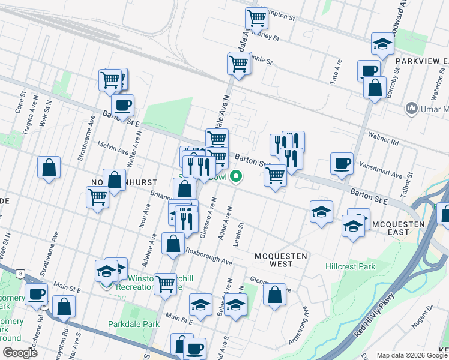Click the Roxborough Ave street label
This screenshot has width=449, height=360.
point(208,256)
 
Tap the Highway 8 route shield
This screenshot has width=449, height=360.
point(22,274)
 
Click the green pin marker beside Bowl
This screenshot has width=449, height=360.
point(237,176)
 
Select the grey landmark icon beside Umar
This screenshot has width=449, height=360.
point(412,108)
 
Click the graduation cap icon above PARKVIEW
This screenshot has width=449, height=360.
point(382,43)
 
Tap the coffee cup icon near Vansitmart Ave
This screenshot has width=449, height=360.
point(342,164)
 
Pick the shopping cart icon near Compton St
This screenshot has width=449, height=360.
point(257,18)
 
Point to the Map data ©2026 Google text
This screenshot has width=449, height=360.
point(412,355)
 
